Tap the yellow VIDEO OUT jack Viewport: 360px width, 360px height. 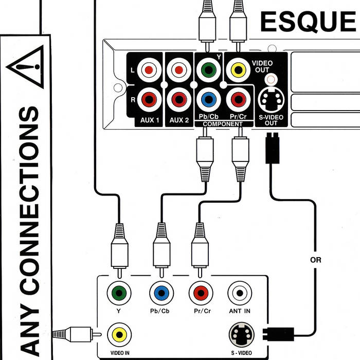pos(237,69)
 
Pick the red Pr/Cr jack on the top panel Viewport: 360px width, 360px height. pos(237,98)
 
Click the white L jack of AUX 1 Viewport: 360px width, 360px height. pos(149,69)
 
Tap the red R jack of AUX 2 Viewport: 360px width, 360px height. pos(178,98)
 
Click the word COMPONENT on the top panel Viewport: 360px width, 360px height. pos(222,124)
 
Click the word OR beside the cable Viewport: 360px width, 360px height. pos(316,260)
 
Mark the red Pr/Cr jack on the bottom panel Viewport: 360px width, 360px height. pos(200,293)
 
